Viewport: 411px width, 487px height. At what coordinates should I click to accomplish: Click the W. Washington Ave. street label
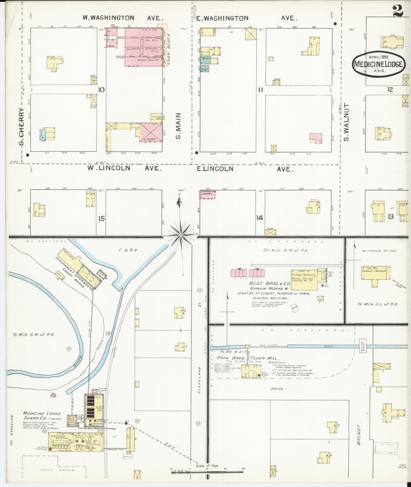pos(122,18)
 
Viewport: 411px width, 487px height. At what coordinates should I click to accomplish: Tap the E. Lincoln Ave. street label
pos(245,169)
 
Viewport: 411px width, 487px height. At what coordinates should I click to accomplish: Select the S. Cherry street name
pos(22,126)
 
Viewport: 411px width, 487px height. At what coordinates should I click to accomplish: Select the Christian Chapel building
pos(208,194)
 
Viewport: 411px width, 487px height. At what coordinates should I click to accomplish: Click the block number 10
pos(101,90)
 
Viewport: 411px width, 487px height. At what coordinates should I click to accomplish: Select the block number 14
pos(260,218)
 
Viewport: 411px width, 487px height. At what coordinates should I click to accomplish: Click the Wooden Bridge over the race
pos(362,346)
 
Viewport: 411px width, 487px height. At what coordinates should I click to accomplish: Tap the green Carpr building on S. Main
pos(205,69)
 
